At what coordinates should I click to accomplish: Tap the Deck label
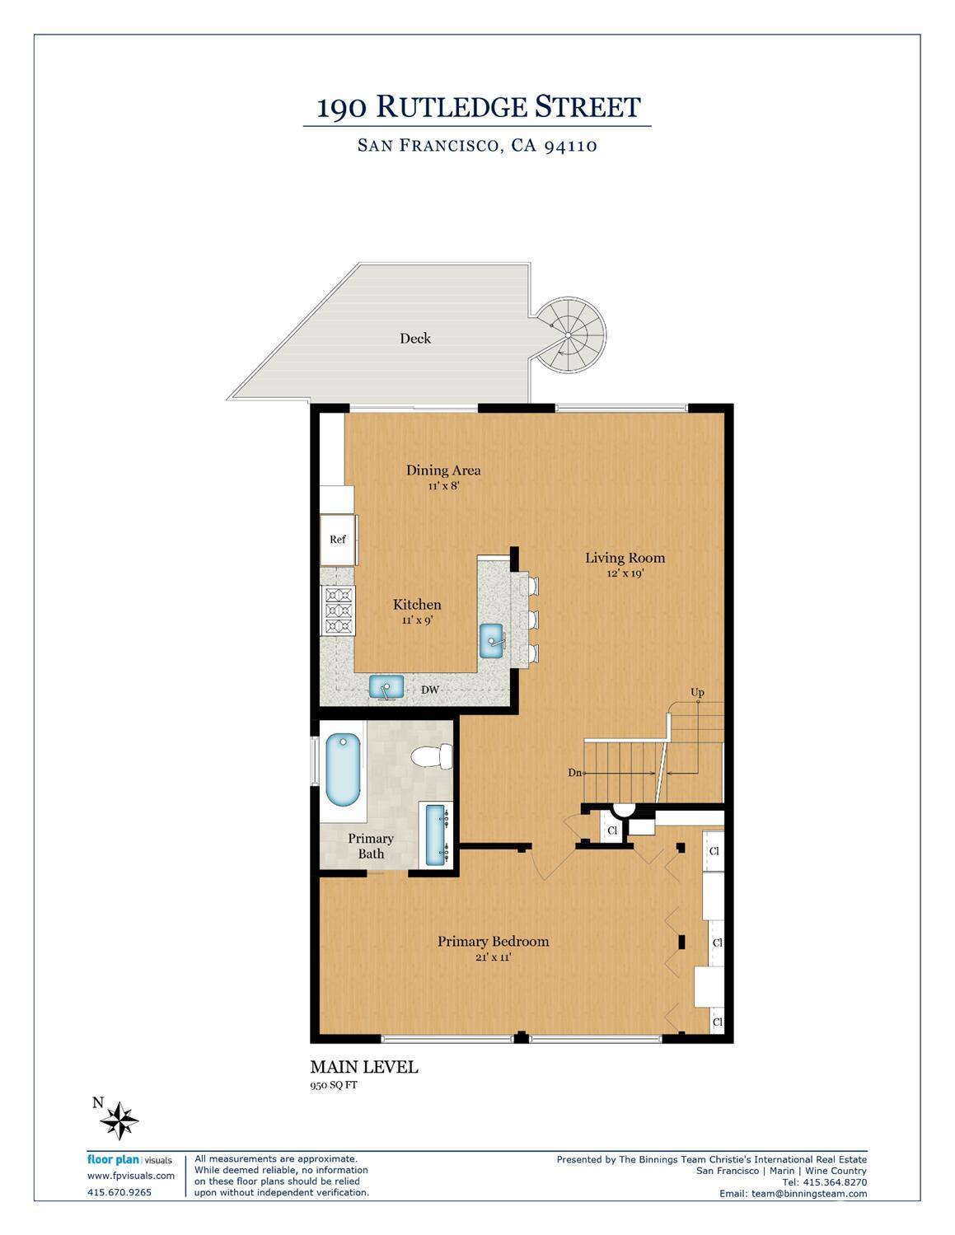[415, 339]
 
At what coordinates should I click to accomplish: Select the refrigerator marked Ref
[338, 540]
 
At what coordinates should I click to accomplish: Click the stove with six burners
[338, 610]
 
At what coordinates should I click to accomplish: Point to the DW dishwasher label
[430, 690]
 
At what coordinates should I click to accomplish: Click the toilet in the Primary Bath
[432, 756]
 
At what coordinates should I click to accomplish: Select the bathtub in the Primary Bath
[342, 770]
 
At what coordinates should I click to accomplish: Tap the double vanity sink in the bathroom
[436, 834]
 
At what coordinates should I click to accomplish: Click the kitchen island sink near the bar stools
[493, 639]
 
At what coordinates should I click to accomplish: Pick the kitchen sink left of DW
[386, 686]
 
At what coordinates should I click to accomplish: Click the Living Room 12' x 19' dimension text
[625, 574]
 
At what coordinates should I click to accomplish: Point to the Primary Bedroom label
[493, 942]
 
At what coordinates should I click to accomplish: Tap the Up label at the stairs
[697, 693]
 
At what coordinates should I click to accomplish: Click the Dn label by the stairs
[575, 773]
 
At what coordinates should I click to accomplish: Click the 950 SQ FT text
[334, 1085]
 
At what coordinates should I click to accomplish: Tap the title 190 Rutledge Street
[478, 107]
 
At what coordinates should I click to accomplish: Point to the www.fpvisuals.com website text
[131, 1176]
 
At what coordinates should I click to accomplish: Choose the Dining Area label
[443, 470]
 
